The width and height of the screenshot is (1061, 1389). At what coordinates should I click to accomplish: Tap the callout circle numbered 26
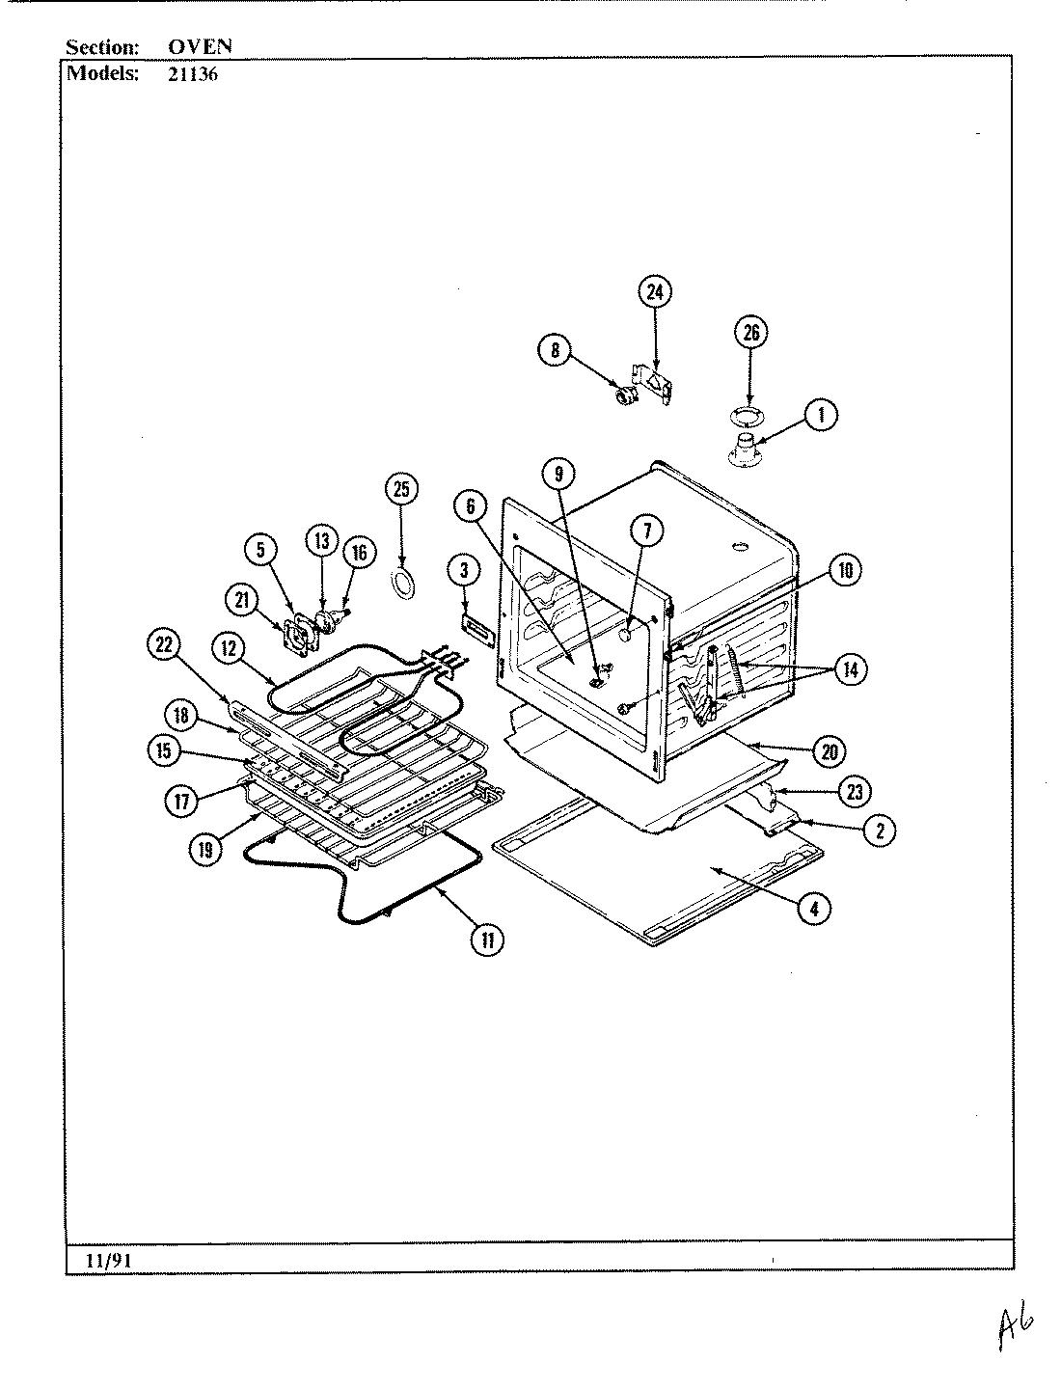751,334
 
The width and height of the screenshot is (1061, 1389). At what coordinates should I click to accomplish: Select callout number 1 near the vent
821,416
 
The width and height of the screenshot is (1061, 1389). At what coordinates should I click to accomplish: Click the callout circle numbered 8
556,351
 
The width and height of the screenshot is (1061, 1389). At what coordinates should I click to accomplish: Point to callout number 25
401,490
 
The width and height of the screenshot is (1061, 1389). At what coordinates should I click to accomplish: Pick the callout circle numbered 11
488,940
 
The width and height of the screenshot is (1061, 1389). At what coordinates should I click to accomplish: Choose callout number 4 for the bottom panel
815,909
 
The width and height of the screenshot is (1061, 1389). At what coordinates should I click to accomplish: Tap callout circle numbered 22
163,645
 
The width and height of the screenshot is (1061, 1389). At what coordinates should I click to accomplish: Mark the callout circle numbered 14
850,669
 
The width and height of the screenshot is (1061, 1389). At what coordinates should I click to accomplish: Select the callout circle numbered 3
464,571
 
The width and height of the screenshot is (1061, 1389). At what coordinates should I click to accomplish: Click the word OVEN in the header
194,45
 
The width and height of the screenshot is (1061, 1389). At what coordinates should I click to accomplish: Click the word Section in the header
102,45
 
